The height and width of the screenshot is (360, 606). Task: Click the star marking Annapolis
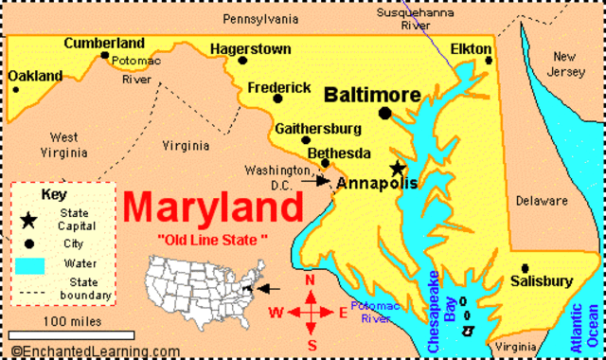click(397, 168)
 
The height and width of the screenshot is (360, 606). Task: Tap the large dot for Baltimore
click(384, 114)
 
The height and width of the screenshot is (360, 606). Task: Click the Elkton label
click(471, 47)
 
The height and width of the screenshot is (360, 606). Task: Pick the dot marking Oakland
click(15, 90)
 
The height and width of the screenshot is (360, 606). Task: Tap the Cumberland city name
click(104, 43)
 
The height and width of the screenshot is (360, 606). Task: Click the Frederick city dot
click(277, 99)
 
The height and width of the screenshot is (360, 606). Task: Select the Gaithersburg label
click(318, 129)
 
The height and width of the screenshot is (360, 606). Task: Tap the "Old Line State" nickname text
click(213, 236)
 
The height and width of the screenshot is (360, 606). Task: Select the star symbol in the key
click(30, 220)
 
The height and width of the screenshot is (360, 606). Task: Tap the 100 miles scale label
click(73, 321)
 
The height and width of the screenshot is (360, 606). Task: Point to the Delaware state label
click(543, 201)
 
